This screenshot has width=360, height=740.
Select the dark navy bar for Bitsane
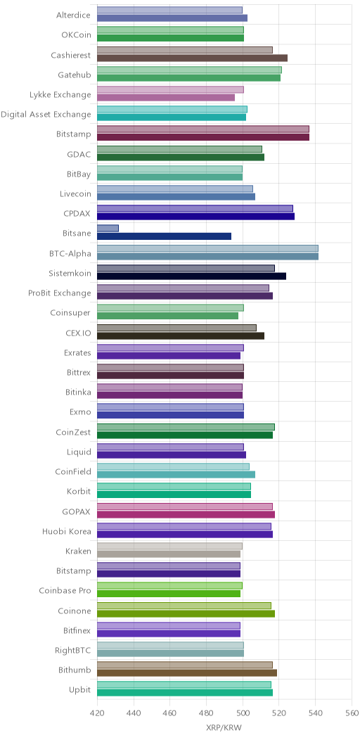tap(165, 236)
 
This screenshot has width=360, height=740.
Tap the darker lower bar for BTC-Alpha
tap(207, 256)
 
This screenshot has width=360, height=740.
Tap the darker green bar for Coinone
tap(186, 613)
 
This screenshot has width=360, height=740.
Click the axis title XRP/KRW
tap(224, 727)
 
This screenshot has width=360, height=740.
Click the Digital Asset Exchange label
tap(46, 114)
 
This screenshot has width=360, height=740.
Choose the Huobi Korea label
tap(67, 531)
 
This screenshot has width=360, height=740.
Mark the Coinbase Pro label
tap(65, 591)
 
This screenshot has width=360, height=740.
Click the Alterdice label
tap(73, 15)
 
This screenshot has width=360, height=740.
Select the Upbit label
tap(79, 690)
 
